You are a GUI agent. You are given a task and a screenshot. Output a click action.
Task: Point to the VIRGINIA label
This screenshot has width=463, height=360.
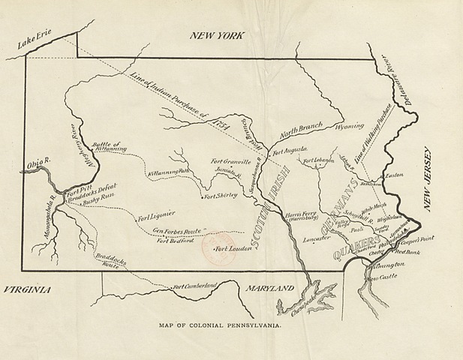[26, 289]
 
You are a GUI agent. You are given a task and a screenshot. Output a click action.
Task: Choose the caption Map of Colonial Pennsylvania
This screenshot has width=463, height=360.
[220, 326]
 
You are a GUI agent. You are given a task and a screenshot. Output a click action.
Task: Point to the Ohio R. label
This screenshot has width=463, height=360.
[37, 159]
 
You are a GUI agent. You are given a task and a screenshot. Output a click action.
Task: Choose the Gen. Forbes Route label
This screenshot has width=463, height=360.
[178, 231]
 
